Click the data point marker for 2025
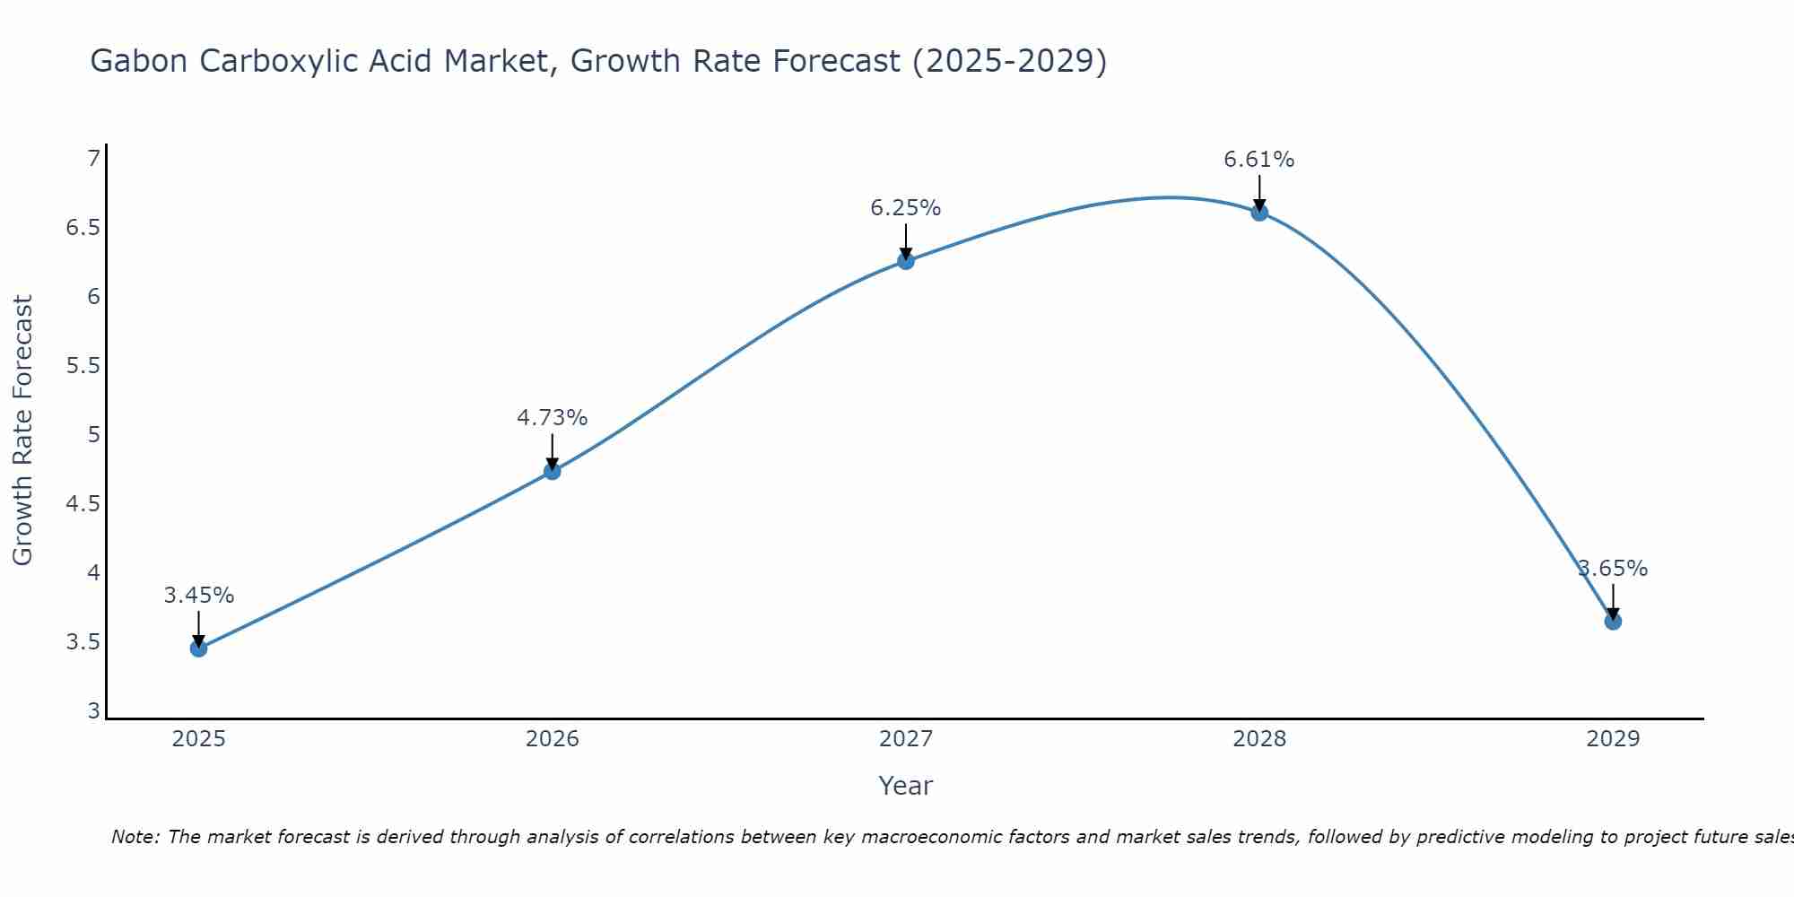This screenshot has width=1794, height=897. (x=199, y=649)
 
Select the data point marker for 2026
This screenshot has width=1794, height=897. (x=553, y=471)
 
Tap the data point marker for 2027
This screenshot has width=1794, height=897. (x=906, y=261)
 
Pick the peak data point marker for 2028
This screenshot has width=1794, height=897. (x=1259, y=213)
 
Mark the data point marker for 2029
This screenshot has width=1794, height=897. (x=1613, y=621)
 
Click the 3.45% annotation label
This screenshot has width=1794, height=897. (x=199, y=596)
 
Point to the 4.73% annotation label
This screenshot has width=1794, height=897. (x=553, y=418)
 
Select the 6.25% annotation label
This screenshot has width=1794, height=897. (x=906, y=208)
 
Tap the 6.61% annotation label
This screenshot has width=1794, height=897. (x=1259, y=160)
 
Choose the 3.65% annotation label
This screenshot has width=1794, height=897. (x=1613, y=569)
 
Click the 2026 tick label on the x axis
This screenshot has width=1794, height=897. (x=553, y=739)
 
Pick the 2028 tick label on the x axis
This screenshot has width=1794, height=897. (x=1259, y=739)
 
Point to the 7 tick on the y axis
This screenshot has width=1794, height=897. (x=93, y=159)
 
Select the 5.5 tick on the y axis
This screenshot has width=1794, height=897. (x=83, y=366)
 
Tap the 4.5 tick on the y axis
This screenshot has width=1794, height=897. (x=83, y=504)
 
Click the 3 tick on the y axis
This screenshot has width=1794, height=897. (x=93, y=711)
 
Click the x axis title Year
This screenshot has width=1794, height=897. (x=906, y=786)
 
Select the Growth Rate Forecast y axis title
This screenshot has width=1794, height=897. (x=22, y=431)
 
